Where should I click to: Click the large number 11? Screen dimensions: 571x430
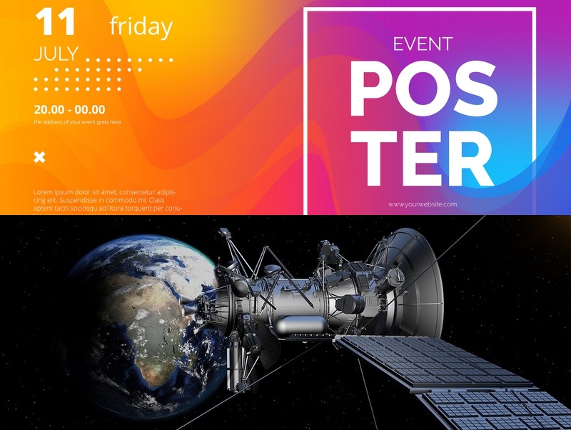(56, 22)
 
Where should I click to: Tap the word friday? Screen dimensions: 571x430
(141, 26)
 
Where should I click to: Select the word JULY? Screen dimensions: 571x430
(56, 54)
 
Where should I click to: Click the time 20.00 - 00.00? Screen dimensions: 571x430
(69, 109)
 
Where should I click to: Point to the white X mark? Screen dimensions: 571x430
(40, 157)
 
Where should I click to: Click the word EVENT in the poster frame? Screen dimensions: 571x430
(423, 44)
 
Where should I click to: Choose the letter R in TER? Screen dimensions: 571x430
(473, 159)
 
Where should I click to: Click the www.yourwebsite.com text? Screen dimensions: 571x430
(423, 204)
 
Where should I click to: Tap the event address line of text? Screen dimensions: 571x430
(78, 122)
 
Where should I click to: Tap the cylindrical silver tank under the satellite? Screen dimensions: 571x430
(300, 324)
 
